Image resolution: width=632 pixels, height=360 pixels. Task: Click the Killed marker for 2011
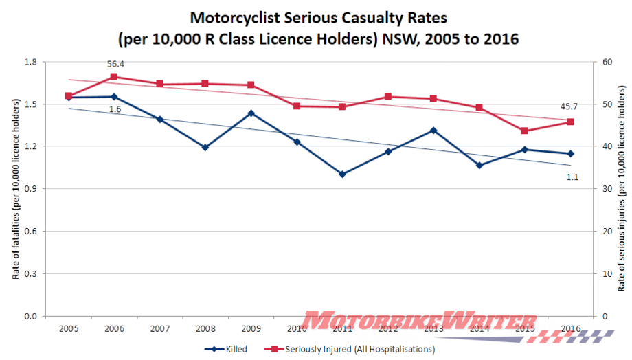point(342,175)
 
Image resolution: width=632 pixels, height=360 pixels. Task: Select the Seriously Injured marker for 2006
point(114,77)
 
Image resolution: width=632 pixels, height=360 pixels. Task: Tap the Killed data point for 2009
point(251,113)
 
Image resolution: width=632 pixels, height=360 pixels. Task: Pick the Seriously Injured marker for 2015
point(524,131)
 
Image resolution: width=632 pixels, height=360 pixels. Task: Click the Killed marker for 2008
point(205,147)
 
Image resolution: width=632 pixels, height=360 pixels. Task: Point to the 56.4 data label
point(115,64)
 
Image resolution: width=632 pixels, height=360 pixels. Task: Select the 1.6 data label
point(115,109)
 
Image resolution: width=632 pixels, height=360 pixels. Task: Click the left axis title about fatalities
point(15,189)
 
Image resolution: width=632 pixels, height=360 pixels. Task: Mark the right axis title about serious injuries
point(622,189)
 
